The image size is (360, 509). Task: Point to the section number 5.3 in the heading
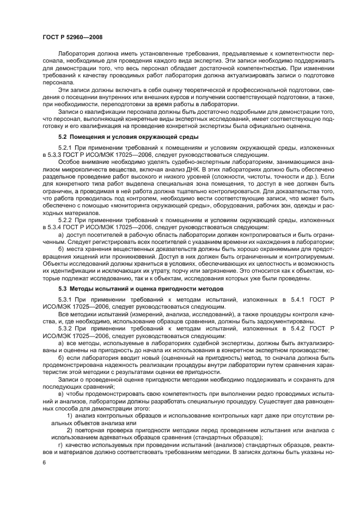click(63, 287)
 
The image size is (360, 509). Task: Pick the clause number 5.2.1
click(65, 148)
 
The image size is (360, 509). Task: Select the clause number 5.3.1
click(65, 299)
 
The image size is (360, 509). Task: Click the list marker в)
click(61, 393)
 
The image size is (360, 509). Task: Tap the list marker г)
click(60, 444)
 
